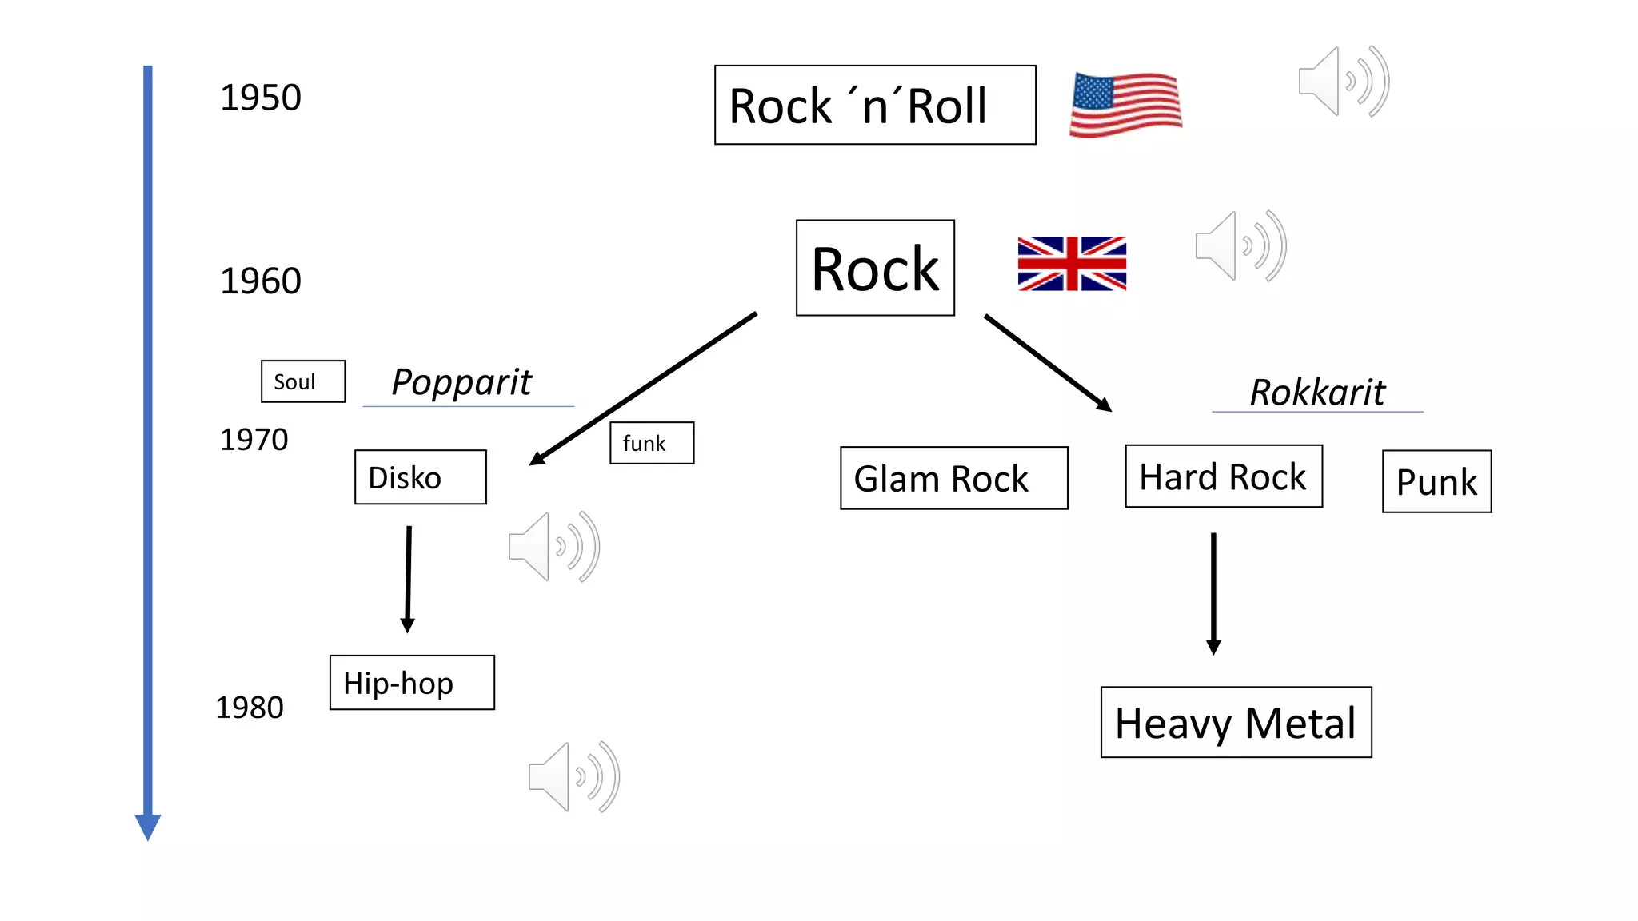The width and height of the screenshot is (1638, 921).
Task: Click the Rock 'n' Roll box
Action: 874,105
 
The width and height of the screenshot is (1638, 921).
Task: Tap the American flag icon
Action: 1125,105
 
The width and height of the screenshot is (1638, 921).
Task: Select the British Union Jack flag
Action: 1072,263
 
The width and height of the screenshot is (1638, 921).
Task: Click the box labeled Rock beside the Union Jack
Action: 875,268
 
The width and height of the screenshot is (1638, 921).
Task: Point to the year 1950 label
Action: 260,98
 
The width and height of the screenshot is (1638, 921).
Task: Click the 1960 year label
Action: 260,281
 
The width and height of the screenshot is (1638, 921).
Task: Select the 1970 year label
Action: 254,440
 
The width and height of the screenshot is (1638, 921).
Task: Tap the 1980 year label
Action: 250,708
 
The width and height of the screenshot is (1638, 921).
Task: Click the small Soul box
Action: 302,381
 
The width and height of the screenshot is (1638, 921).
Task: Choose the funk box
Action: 651,443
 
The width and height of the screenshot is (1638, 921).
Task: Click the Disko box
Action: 420,477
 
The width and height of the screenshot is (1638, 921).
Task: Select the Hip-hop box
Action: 412,683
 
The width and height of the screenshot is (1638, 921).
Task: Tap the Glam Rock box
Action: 953,478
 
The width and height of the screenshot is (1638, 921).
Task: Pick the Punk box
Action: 1436,481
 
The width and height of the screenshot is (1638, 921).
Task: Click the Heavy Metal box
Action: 1236,722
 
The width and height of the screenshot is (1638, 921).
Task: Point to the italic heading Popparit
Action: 462,382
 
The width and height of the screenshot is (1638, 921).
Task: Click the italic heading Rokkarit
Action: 1317,393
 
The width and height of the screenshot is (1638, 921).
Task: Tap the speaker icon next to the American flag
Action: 1343,82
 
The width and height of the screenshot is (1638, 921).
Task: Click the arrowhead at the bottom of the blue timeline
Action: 148,827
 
